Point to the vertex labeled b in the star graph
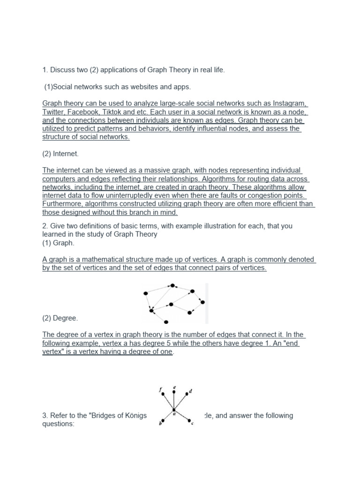click(x=162, y=420)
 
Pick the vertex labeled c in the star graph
click(x=189, y=420)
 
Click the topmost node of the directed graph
click(x=173, y=285)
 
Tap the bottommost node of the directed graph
click(x=166, y=322)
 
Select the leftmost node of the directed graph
click(x=146, y=293)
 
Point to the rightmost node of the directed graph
click(x=202, y=302)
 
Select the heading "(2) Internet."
click(x=60, y=153)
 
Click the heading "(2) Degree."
click(x=60, y=318)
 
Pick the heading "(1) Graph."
click(x=58, y=243)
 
